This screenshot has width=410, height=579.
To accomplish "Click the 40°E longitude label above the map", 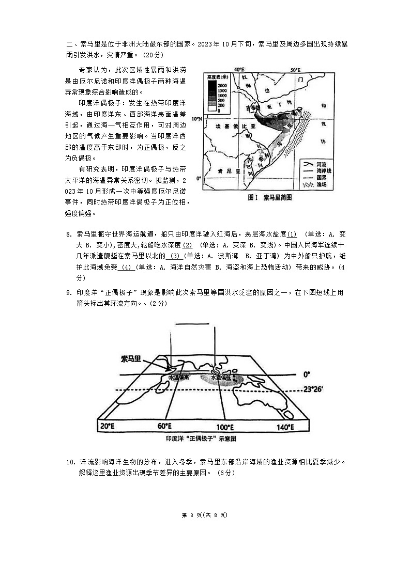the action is tap(239, 70).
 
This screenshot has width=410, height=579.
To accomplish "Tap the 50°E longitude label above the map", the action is tap(295, 70).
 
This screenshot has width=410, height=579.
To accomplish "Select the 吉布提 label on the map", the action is tap(252, 108).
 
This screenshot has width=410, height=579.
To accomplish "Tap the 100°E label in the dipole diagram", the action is tap(225, 427).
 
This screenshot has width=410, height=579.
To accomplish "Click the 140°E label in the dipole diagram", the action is tap(284, 427).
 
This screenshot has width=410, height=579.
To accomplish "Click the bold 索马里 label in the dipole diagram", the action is tap(131, 358).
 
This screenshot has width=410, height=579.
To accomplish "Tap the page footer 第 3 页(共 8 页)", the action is tap(205, 515).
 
